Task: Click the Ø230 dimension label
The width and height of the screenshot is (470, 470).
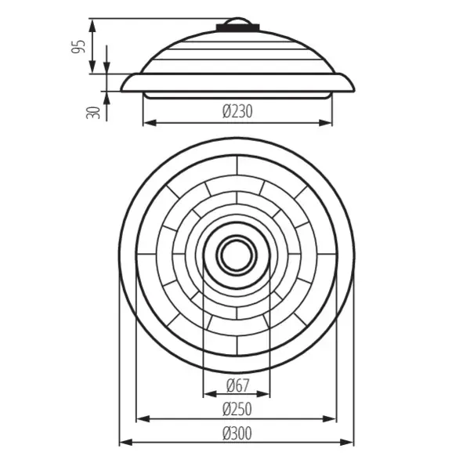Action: pyautogui.click(x=237, y=112)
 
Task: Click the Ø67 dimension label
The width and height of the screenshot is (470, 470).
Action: pyautogui.click(x=237, y=385)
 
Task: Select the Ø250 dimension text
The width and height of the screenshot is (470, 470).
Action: pyautogui.click(x=237, y=408)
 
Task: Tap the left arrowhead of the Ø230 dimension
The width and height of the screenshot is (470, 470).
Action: pyautogui.click(x=147, y=123)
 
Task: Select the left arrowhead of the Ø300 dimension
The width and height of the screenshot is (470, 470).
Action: pyautogui.click(x=124, y=443)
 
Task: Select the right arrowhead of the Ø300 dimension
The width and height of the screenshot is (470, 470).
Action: pyautogui.click(x=350, y=443)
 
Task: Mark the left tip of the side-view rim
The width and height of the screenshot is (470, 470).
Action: pyautogui.click(x=122, y=89)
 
